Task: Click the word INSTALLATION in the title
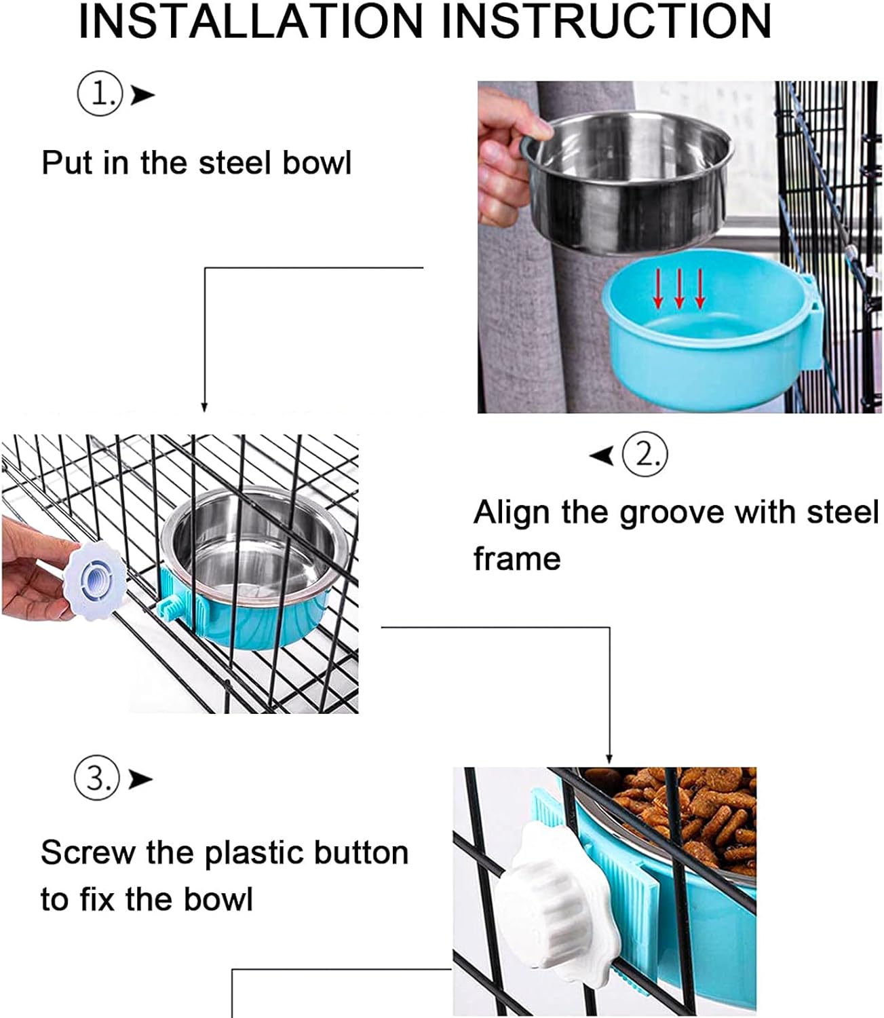(x=250, y=22)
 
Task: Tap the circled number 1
(x=99, y=94)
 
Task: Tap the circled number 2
(x=645, y=454)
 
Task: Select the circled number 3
(x=96, y=778)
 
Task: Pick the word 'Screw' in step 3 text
(x=88, y=853)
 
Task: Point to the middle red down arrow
(x=679, y=292)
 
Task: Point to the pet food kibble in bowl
(x=685, y=808)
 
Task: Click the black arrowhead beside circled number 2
(x=602, y=455)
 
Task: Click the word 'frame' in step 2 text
(x=517, y=559)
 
